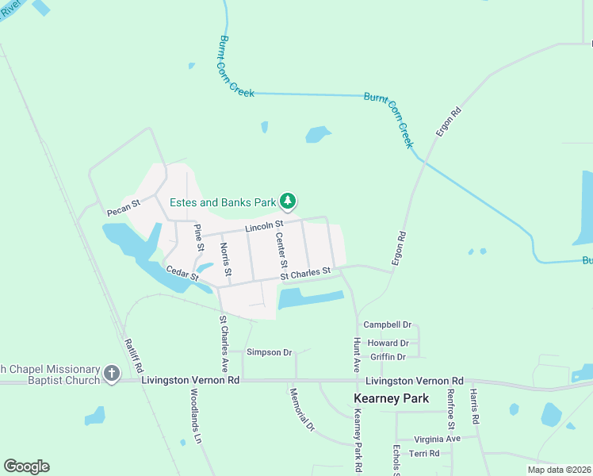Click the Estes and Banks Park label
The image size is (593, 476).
click(220, 203)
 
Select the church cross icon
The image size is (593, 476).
click(112, 373)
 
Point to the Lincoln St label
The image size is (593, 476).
click(264, 227)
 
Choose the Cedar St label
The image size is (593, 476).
click(182, 272)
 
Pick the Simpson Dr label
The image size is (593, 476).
click(270, 351)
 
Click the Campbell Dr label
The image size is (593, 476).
click(388, 325)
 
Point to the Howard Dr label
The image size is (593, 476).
click(388, 344)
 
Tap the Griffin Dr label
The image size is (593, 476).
click(388, 357)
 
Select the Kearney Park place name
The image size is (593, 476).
click(391, 398)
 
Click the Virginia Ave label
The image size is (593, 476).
click(437, 439)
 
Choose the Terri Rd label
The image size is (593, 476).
click(424, 453)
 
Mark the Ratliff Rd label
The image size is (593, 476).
click(133, 356)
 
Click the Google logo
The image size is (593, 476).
click(26, 466)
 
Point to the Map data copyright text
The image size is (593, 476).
click(558, 470)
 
